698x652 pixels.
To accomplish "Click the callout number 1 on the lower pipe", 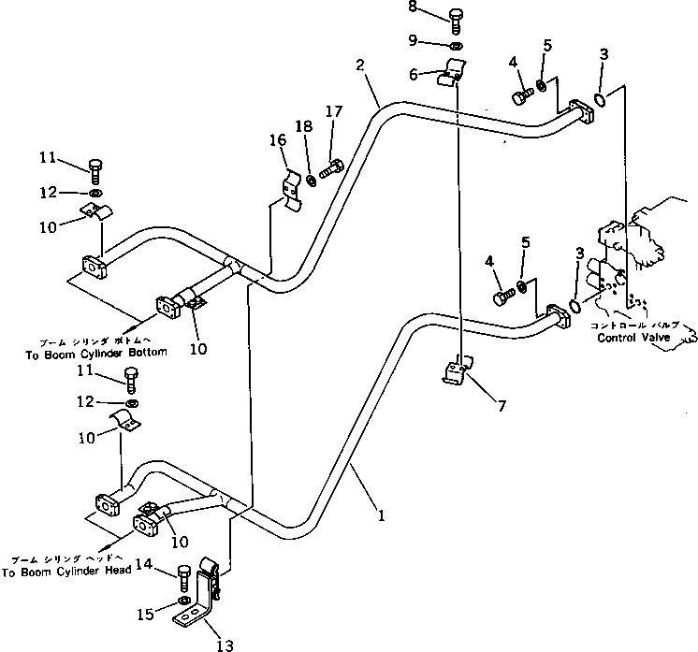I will (380, 514).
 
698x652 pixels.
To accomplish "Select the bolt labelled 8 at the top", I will (455, 16).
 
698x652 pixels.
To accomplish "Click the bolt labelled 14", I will (183, 573).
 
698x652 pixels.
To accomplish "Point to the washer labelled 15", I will (183, 600).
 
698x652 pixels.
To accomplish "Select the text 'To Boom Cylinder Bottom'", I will (83, 353).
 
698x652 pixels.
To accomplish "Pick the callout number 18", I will (302, 126).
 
